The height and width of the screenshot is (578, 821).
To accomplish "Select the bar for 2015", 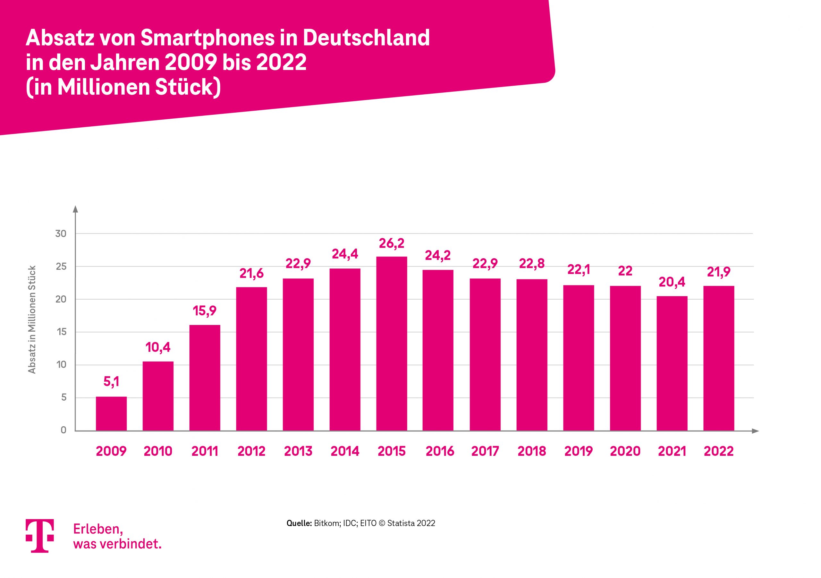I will click(x=392, y=343).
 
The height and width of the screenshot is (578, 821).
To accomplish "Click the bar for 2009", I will click(x=111, y=413).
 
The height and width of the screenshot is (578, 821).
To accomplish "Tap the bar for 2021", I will click(x=672, y=363).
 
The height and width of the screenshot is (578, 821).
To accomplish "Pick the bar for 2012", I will click(x=251, y=359).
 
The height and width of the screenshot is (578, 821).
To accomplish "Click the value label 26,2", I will click(x=392, y=243).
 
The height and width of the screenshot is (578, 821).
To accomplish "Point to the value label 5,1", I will click(x=111, y=382).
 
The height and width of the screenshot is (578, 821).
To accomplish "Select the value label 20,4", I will click(x=672, y=282).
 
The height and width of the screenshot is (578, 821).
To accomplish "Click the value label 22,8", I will click(x=532, y=264).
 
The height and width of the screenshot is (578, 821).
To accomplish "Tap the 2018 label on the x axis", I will click(x=532, y=451).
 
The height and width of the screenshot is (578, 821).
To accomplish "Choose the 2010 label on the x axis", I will click(x=158, y=451).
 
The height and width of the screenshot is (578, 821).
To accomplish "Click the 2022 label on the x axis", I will click(x=719, y=451).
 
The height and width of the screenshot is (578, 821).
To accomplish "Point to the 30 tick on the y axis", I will click(x=61, y=234).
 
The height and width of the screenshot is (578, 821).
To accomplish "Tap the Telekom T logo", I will click(x=40, y=535).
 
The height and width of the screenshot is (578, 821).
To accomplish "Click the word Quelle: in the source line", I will click(x=299, y=523).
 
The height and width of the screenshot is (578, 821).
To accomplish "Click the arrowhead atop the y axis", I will click(x=75, y=209).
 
